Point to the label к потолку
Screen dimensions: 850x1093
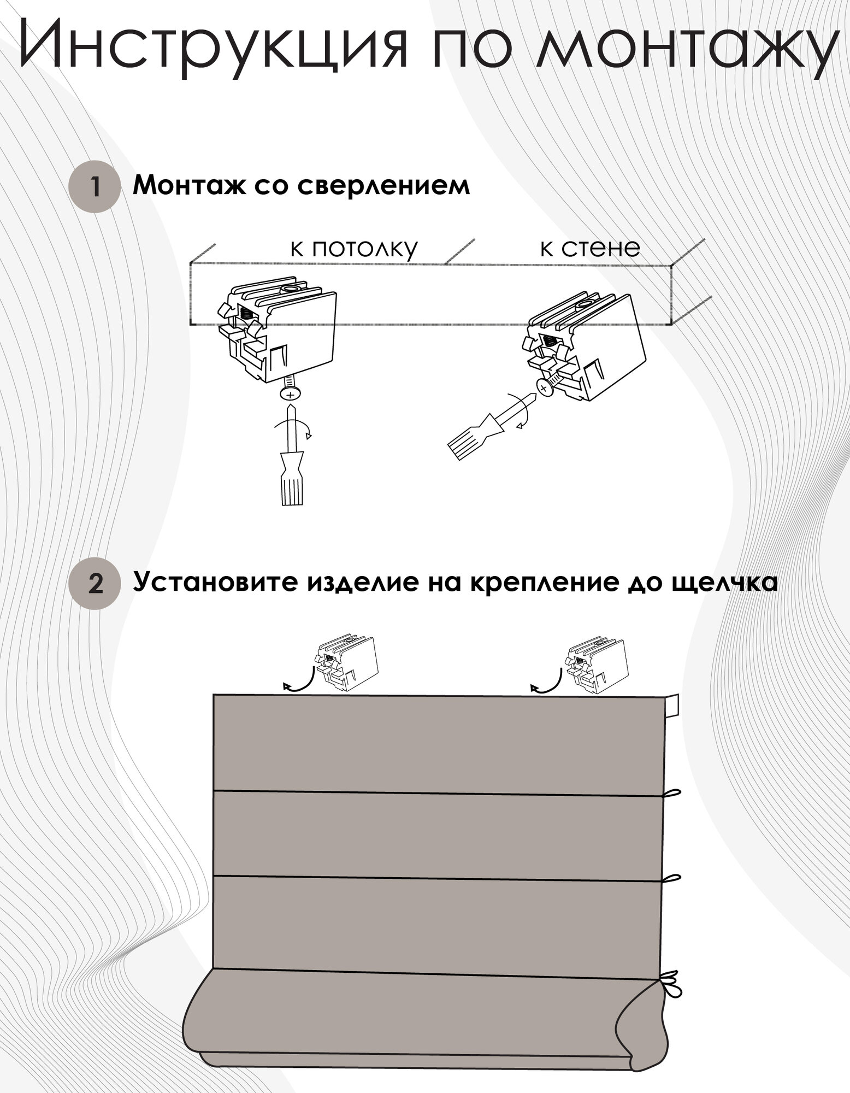click(354, 249)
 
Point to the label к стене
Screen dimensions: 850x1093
click(590, 249)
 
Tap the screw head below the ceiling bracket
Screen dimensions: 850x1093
click(290, 393)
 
